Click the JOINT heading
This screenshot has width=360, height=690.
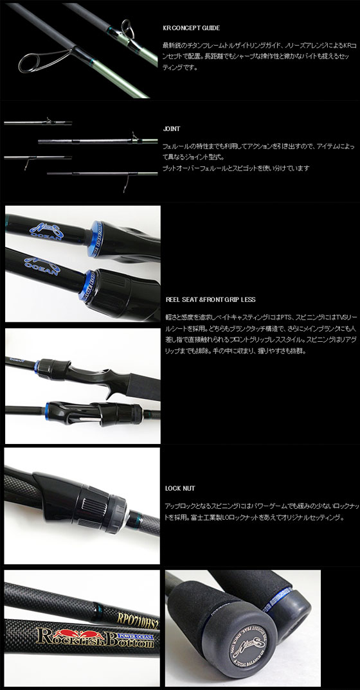[172, 128]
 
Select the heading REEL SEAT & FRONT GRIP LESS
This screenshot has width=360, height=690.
[211, 299]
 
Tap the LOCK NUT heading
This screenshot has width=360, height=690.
[179, 488]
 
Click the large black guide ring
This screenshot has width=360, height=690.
[30, 64]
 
